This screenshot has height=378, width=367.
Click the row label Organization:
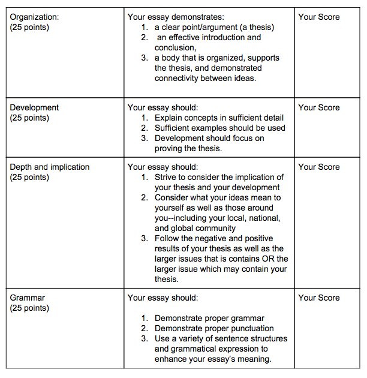point(34,17)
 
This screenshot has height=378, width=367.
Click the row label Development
point(34,107)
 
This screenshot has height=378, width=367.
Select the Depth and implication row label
point(50,167)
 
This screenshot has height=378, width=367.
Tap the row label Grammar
point(28,298)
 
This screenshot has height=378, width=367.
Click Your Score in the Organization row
point(318,17)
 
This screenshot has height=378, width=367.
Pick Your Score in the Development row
point(318,107)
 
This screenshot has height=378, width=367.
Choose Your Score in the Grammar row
point(318,298)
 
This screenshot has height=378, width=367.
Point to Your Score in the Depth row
point(318,167)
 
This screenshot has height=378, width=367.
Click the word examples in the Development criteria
point(214,128)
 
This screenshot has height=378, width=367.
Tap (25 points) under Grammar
point(29,308)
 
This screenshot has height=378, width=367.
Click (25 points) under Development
point(29,118)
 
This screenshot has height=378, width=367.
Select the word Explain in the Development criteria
point(169,118)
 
